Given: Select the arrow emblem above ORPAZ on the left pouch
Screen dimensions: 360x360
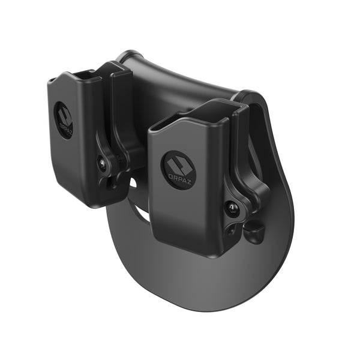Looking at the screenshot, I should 64,116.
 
